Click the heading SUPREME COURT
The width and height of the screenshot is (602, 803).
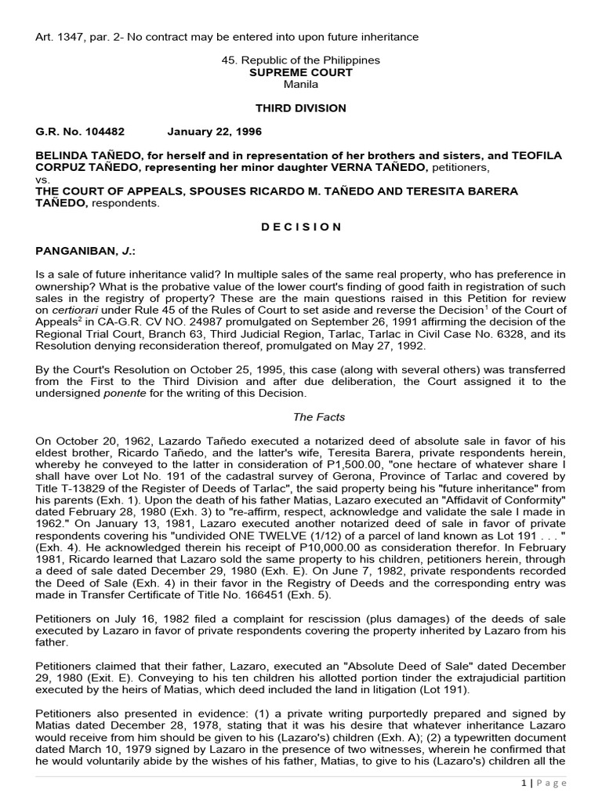(301, 72)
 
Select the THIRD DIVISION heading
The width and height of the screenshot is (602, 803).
(301, 107)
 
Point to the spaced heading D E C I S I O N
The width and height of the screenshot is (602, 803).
(301, 227)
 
